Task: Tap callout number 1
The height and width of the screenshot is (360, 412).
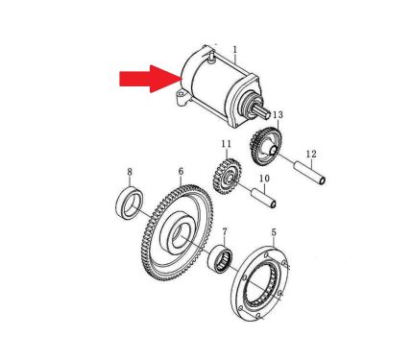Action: [x=235, y=50]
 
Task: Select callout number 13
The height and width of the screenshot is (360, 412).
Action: [x=279, y=114]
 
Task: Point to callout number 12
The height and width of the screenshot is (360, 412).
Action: [x=311, y=155]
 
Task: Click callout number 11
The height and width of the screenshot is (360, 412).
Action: [x=226, y=144]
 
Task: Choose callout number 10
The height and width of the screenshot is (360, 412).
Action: [x=264, y=179]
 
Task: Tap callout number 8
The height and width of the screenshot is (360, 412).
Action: [x=130, y=172]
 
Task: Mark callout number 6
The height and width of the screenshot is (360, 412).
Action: [x=181, y=171]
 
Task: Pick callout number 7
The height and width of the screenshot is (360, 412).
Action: [x=225, y=231]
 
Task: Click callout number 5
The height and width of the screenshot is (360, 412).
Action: [x=274, y=232]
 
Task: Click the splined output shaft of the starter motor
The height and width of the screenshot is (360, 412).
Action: [x=262, y=111]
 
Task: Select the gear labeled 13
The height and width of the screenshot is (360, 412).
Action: [x=266, y=146]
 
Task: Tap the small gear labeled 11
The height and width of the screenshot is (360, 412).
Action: [x=227, y=177]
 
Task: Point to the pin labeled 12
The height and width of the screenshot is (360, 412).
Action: [x=310, y=173]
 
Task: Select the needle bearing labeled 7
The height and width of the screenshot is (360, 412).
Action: [x=220, y=259]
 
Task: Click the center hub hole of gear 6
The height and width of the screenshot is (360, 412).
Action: [x=181, y=235]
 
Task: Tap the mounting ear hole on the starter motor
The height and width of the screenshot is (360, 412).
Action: [x=181, y=94]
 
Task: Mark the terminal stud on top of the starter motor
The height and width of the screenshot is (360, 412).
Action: [x=210, y=58]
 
